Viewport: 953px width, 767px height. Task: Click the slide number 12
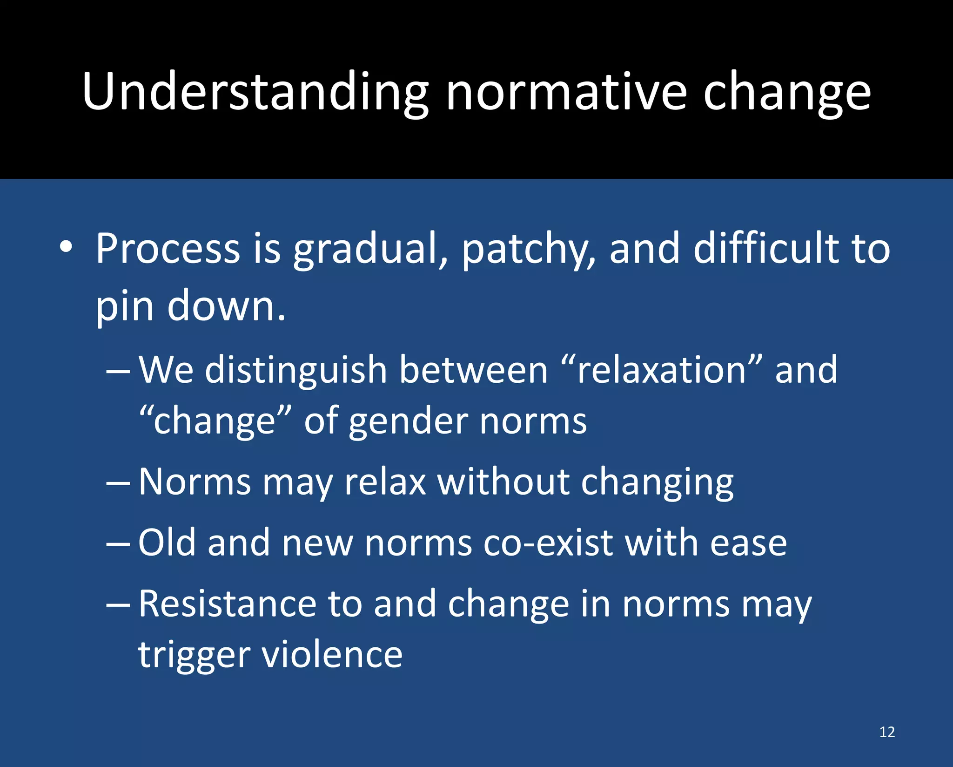click(x=887, y=732)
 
